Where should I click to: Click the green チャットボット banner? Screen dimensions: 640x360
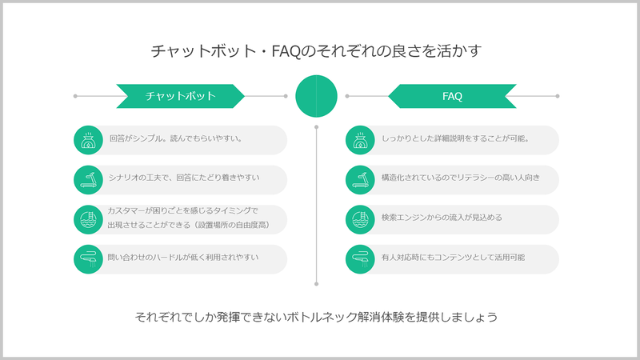[181, 96]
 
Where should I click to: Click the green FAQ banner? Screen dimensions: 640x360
[452, 96]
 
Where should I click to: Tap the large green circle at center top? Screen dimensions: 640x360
[316, 96]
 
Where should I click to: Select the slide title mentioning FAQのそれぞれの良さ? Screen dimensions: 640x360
[316, 51]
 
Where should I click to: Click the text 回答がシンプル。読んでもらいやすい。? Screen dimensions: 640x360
[176, 138]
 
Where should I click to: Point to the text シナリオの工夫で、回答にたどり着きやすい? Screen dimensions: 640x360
[184, 178]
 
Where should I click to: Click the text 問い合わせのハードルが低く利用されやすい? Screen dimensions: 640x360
[183, 257]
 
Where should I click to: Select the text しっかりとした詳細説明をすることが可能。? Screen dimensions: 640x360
[455, 138]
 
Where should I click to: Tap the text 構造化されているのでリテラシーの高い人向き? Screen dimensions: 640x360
[461, 178]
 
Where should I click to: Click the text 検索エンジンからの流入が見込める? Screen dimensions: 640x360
[442, 218]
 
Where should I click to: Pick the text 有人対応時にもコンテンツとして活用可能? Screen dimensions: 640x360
[453, 257]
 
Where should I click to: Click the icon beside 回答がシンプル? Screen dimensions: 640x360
[88, 140]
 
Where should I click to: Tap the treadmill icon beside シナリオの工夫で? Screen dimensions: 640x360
[88, 180]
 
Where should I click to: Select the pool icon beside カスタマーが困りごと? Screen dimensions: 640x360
[88, 219]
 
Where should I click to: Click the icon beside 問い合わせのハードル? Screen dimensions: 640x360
[88, 259]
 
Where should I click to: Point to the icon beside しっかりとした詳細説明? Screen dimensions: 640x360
[360, 140]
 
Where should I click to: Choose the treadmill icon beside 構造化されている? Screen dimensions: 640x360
[360, 180]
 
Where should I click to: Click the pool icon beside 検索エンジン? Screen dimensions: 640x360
[360, 219]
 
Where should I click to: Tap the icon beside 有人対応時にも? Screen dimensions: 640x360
[360, 259]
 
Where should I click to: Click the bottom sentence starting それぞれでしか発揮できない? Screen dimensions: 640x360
[316, 317]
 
